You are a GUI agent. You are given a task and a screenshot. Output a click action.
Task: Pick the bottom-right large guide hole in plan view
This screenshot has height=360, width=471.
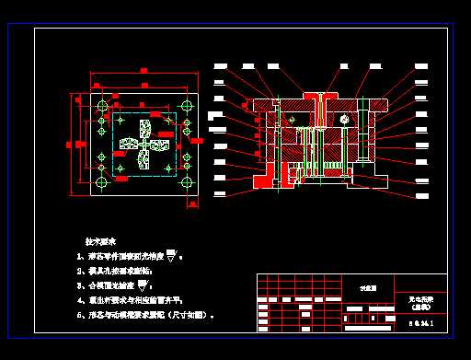click(x=188, y=183)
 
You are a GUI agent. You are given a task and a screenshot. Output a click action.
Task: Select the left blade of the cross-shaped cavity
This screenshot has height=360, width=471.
click(x=127, y=145)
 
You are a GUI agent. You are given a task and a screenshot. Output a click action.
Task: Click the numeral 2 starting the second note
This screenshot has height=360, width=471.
click(x=79, y=273)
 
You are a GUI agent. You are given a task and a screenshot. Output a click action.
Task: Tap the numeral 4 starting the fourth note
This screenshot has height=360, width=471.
click(x=79, y=300)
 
